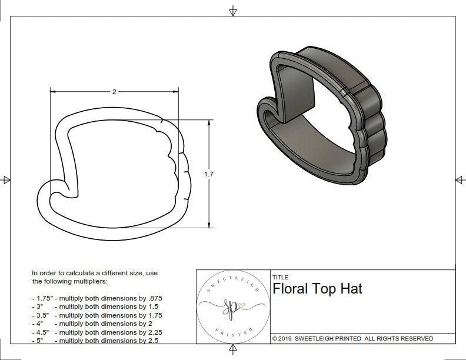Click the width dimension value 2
(114, 92)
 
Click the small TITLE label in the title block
(280, 277)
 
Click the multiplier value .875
(154, 298)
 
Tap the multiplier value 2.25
(151, 332)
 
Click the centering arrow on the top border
(233, 11)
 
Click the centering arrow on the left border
(6, 180)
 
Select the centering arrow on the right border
(460, 180)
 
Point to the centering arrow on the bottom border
(233, 350)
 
